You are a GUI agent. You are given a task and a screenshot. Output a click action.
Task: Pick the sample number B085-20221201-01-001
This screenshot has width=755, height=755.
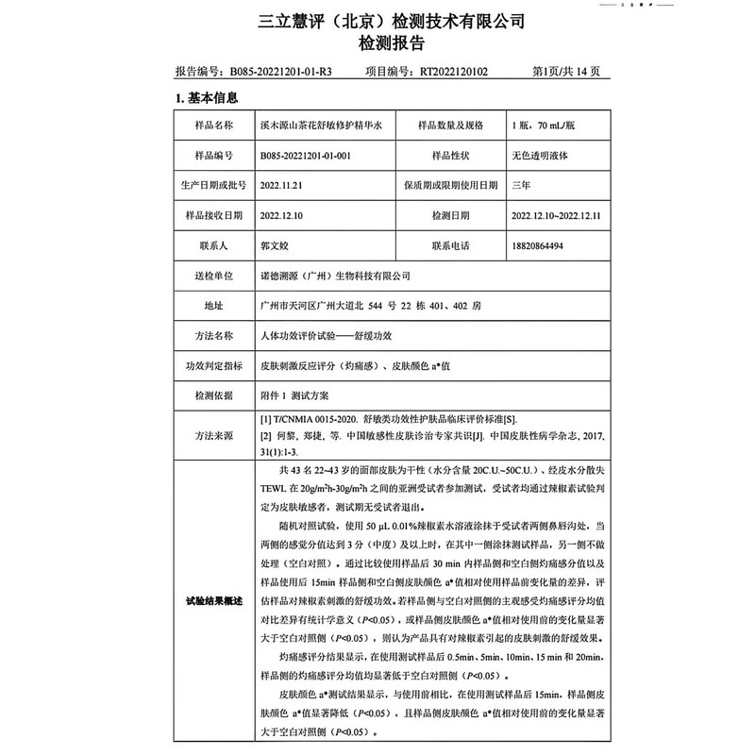305,156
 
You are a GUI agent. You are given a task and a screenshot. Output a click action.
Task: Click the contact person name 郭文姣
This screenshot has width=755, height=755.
272,245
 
